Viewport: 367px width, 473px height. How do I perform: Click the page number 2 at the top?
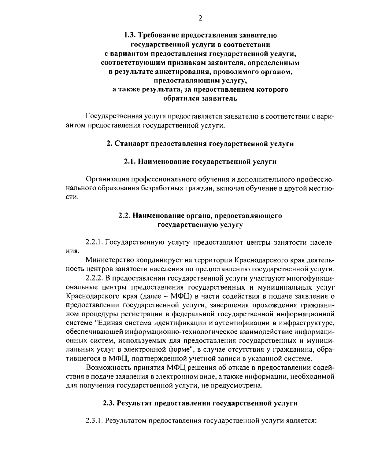tap(200, 18)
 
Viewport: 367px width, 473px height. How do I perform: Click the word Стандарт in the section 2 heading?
tap(131, 144)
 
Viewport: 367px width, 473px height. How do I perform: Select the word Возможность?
tap(108, 368)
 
